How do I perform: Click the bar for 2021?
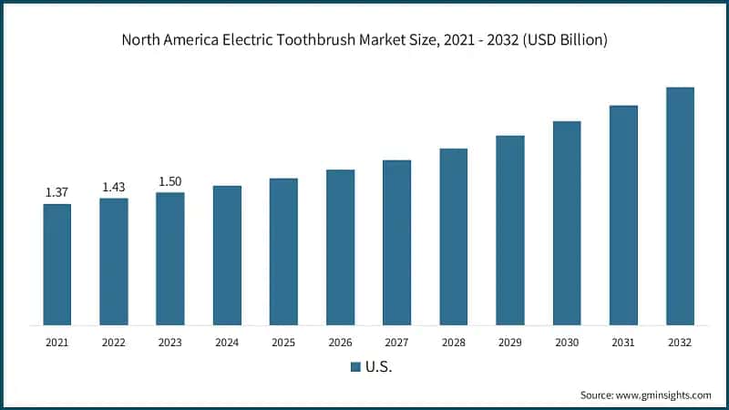click(56, 264)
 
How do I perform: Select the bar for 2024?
click(227, 255)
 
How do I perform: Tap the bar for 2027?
click(396, 242)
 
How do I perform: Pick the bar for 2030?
click(567, 222)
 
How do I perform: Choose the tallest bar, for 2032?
click(680, 206)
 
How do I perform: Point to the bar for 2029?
click(510, 230)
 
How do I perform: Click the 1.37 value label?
click(56, 192)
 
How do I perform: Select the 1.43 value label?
click(113, 187)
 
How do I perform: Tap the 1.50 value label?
click(169, 181)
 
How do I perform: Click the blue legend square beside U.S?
click(356, 367)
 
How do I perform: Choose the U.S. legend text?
click(378, 367)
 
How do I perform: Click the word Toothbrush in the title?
click(323, 40)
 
